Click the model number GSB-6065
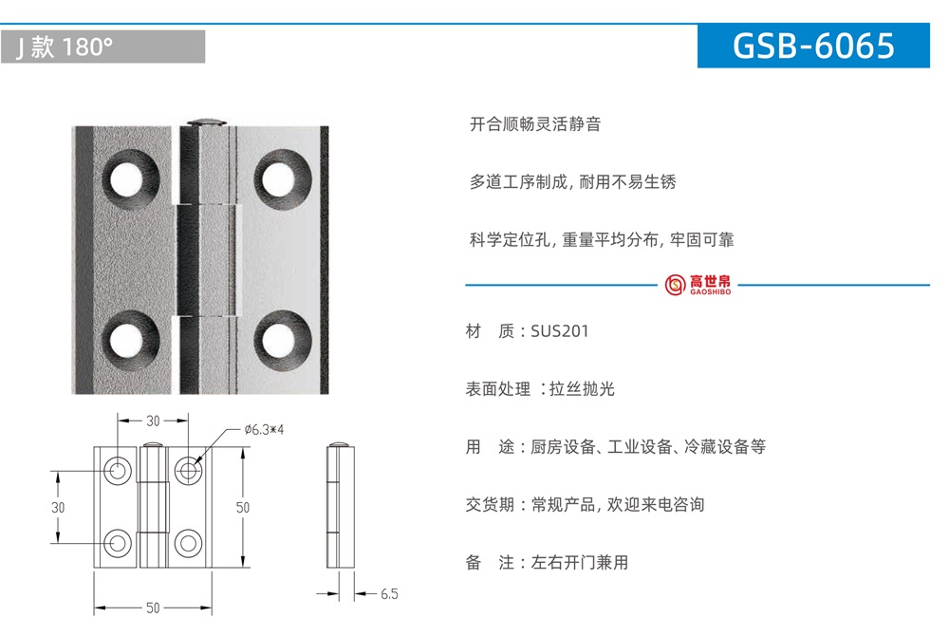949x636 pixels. [x=813, y=46]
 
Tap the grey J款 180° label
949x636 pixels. [x=102, y=47]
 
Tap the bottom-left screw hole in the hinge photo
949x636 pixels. [x=129, y=339]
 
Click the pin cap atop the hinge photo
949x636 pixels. [x=206, y=122]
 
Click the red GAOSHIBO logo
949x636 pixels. [x=698, y=285]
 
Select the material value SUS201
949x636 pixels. [x=559, y=331]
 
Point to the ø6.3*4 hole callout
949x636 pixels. [x=264, y=430]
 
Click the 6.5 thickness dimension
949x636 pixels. [x=389, y=594]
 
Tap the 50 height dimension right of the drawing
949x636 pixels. [x=243, y=507]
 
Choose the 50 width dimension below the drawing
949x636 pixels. [x=153, y=608]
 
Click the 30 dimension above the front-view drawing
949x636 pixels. [x=153, y=421]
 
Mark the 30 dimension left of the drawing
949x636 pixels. [x=58, y=507]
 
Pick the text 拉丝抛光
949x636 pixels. [x=582, y=388]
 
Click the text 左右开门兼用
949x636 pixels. [x=579, y=563]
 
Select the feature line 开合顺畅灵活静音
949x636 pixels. [x=535, y=124]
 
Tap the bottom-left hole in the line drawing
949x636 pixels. [x=118, y=543]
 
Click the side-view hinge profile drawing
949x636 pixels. [x=340, y=506]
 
